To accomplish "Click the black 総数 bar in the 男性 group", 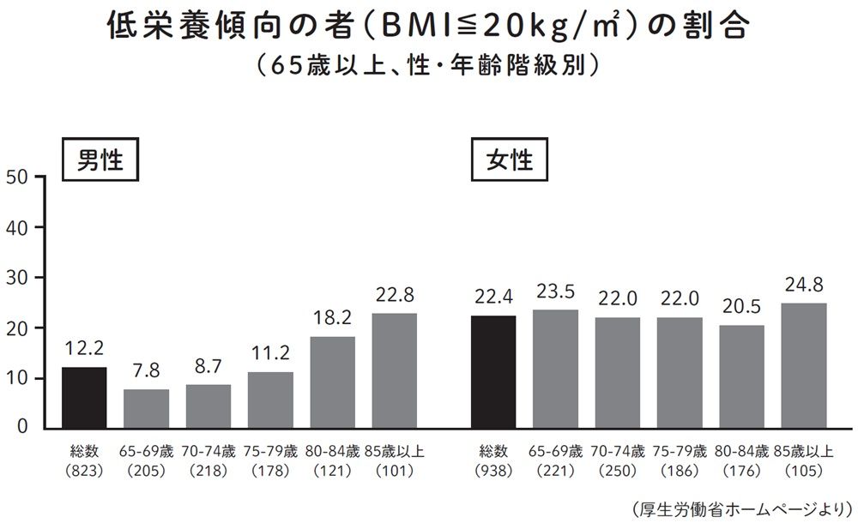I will [x=84, y=397].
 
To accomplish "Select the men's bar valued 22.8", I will [x=395, y=370].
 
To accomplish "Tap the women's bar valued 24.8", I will [x=803, y=365].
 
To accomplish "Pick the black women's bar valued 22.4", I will [x=493, y=371].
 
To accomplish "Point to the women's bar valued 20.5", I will [x=741, y=376].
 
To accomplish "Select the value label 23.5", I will [x=555, y=292].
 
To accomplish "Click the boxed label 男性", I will [x=101, y=160].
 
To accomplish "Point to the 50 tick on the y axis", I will [x=18, y=177].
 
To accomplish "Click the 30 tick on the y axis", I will [x=18, y=278].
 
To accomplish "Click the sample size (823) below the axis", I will [x=84, y=471].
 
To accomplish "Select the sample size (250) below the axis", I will [x=618, y=471].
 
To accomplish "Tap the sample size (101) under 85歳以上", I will [x=394, y=471].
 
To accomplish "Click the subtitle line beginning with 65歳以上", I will [x=430, y=66].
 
